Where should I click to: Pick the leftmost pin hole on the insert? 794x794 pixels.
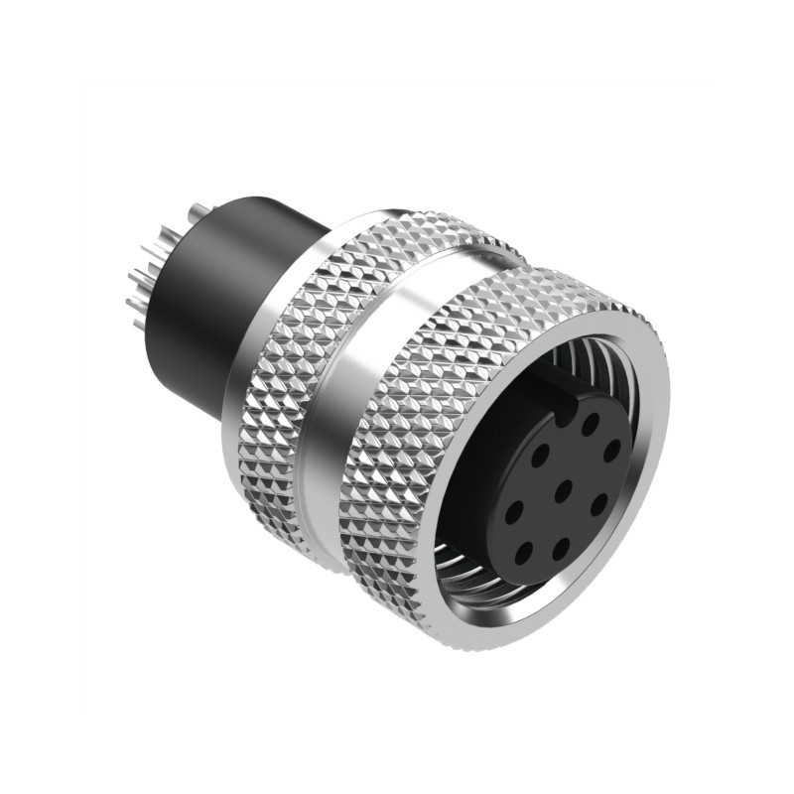click(x=515, y=512)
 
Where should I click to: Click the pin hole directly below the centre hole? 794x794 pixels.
click(x=561, y=544)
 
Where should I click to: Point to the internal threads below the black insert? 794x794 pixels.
click(x=496, y=586)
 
